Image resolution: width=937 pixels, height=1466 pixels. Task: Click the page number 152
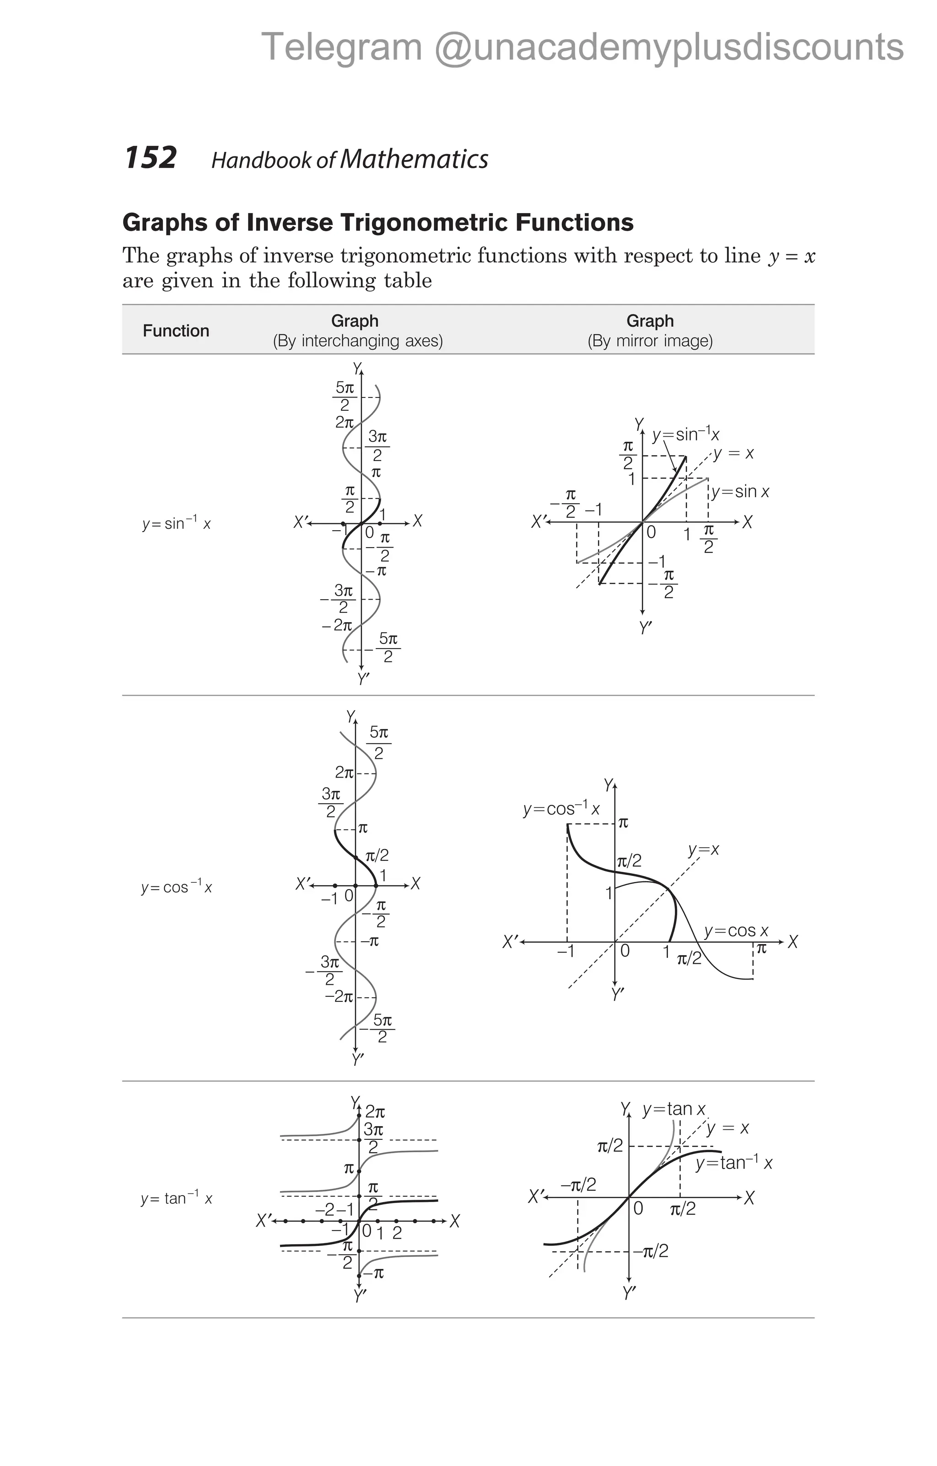[x=151, y=158]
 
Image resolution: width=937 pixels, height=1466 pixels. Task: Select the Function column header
[x=176, y=331]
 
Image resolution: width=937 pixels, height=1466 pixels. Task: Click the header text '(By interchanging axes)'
[x=357, y=341]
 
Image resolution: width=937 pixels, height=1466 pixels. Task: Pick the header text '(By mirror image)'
[x=650, y=341]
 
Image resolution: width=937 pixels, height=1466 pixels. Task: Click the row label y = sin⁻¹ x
[x=177, y=523]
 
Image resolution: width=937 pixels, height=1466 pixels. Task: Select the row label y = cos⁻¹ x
[x=177, y=886]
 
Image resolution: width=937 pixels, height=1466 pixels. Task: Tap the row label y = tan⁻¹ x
[x=177, y=1198]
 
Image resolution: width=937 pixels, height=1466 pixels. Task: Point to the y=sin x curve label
[x=740, y=491]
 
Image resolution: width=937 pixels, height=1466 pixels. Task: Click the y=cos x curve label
[x=736, y=931]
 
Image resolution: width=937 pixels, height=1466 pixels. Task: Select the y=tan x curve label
[x=674, y=1109]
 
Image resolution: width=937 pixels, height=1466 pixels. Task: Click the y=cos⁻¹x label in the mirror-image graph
[x=561, y=809]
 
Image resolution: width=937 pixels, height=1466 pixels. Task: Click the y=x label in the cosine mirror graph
[x=703, y=850]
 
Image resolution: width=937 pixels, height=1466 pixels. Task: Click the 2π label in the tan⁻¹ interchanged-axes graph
[x=375, y=1112]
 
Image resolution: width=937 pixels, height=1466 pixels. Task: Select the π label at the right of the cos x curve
[x=761, y=947]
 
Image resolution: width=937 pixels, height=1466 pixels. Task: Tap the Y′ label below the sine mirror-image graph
[x=646, y=628]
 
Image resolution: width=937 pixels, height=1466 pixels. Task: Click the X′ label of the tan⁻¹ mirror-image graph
[x=536, y=1197]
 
